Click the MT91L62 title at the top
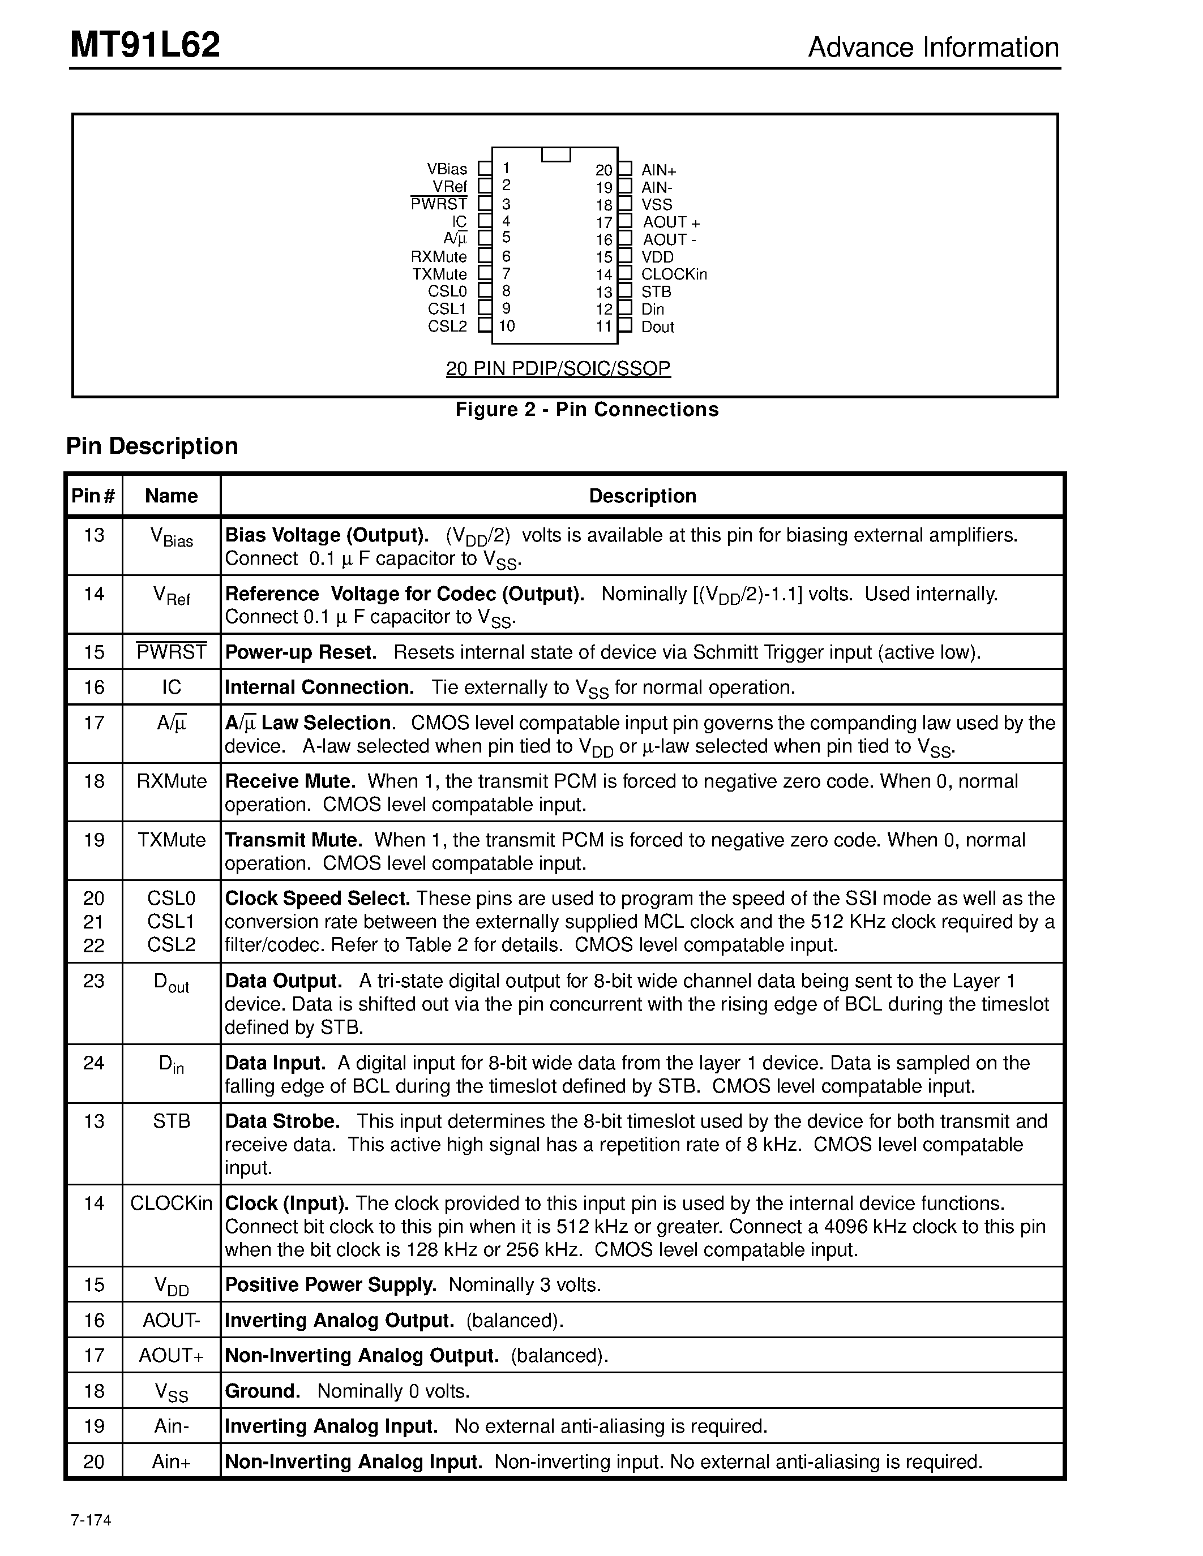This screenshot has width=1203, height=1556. [145, 46]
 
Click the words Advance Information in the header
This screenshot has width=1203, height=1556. [933, 48]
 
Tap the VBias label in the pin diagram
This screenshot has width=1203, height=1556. [447, 169]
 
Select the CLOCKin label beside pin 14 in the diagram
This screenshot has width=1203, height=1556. [674, 274]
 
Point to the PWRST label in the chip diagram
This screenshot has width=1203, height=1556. [438, 204]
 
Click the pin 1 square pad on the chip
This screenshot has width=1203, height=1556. [485, 169]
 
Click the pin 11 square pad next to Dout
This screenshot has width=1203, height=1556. [624, 325]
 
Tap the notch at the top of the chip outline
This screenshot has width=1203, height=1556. [556, 154]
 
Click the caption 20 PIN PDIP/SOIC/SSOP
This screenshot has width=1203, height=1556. [558, 368]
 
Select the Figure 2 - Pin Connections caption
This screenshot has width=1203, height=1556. [586, 409]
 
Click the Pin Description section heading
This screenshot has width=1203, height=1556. [152, 446]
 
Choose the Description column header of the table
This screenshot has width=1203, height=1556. [642, 496]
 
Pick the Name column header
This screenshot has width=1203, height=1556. [171, 496]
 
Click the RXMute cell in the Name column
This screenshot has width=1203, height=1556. [172, 781]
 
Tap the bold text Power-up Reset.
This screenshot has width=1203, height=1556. [301, 652]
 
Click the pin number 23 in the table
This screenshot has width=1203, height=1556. [94, 981]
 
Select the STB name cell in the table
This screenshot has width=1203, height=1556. [172, 1121]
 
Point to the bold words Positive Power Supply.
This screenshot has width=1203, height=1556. [330, 1284]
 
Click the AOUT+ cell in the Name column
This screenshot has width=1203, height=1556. [172, 1355]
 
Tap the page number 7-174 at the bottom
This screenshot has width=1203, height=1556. [91, 1520]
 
